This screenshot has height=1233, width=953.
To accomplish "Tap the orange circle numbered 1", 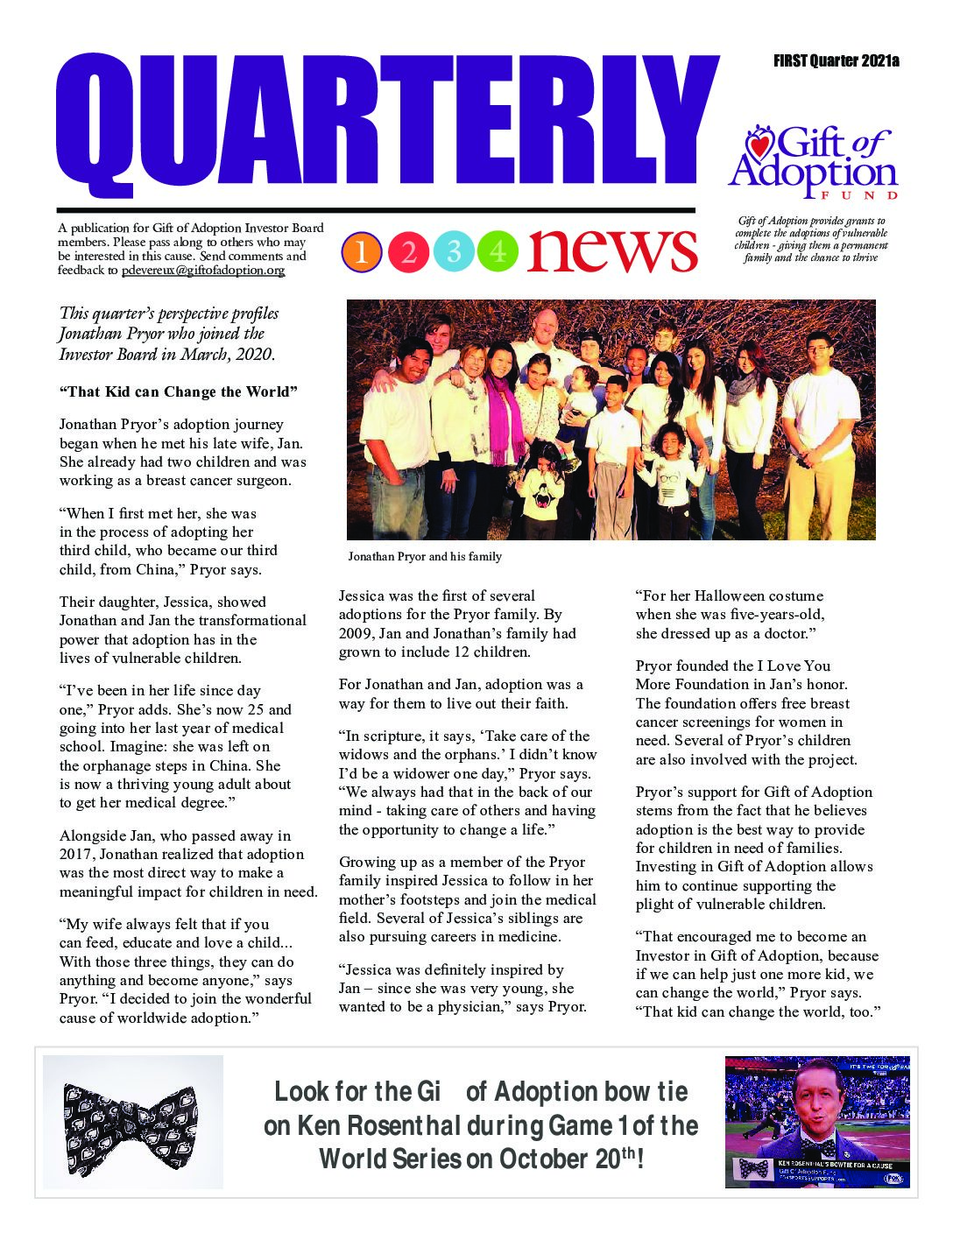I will [362, 252].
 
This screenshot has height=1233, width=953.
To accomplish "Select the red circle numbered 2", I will [408, 252].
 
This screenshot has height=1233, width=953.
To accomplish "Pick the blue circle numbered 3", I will [454, 252].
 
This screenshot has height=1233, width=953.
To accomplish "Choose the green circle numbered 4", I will [498, 252].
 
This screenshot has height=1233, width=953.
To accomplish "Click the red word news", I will [612, 250].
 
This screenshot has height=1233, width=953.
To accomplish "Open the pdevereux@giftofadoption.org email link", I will [203, 271].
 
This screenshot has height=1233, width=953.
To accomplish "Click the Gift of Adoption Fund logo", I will [813, 163].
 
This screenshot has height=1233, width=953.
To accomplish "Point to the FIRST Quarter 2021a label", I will [837, 61].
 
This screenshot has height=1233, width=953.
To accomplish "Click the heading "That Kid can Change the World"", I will [179, 391].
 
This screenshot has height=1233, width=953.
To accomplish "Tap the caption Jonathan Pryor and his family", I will [425, 556].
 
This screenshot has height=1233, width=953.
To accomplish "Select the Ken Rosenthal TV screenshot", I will [816, 1122].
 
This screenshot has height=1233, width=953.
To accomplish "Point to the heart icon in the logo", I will [759, 144].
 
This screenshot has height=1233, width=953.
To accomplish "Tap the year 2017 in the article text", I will [77, 854].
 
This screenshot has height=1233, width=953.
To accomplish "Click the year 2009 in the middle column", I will [356, 633].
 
